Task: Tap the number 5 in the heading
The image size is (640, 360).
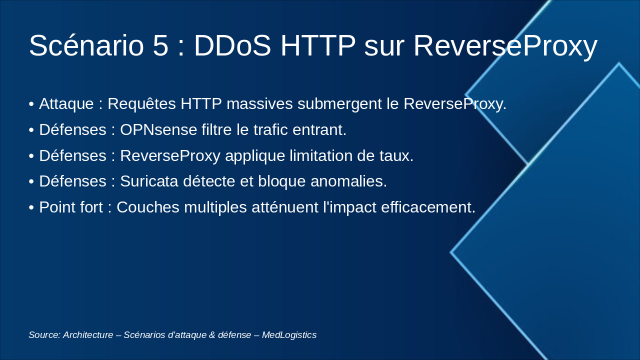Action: click(x=161, y=45)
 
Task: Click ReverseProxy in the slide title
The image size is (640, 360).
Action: click(x=505, y=45)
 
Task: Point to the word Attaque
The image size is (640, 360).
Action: click(x=66, y=104)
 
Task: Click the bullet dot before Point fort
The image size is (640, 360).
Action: click(x=31, y=207)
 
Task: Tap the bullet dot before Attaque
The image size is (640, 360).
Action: click(x=31, y=104)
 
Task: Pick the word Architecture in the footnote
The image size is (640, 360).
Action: click(x=88, y=335)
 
